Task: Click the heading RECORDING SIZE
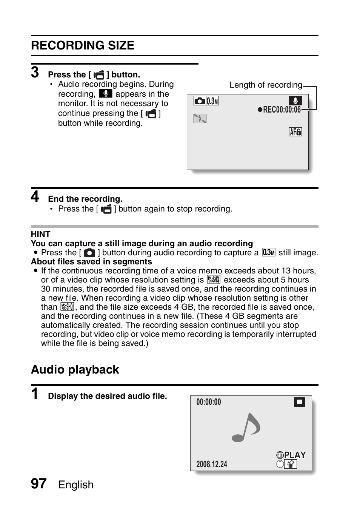pyautogui.click(x=83, y=46)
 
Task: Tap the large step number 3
pyautogui.click(x=35, y=72)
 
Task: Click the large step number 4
pyautogui.click(x=35, y=196)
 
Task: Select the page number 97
pyautogui.click(x=38, y=483)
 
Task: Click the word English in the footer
pyautogui.click(x=76, y=485)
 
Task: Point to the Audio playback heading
pyautogui.click(x=75, y=369)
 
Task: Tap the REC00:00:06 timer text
pyautogui.click(x=282, y=110)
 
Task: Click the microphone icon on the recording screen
pyautogui.click(x=295, y=101)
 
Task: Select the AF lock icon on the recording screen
pyautogui.click(x=295, y=132)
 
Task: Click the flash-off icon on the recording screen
pyautogui.click(x=200, y=119)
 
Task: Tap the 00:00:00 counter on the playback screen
pyautogui.click(x=209, y=402)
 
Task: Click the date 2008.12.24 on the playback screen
pyautogui.click(x=212, y=464)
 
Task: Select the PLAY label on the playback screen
pyautogui.click(x=295, y=455)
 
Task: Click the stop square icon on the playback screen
pyautogui.click(x=299, y=402)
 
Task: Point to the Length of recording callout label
pyautogui.click(x=266, y=85)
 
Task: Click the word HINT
pyautogui.click(x=40, y=234)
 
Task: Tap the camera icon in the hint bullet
pyautogui.click(x=89, y=253)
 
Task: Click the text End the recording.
pyautogui.click(x=85, y=199)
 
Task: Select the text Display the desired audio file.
pyautogui.click(x=108, y=396)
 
